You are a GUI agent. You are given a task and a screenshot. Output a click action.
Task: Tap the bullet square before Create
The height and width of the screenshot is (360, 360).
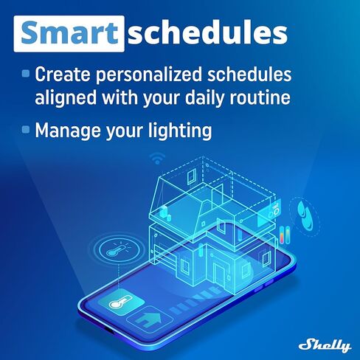pyautogui.click(x=26, y=74)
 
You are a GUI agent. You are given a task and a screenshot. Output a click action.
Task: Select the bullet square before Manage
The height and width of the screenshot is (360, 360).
pyautogui.click(x=26, y=130)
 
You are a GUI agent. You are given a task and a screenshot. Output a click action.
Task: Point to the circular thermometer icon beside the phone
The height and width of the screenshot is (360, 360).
pyautogui.click(x=114, y=249)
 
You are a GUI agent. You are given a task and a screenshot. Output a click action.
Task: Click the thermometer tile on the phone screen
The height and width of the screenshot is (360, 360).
pyautogui.click(x=116, y=302)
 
